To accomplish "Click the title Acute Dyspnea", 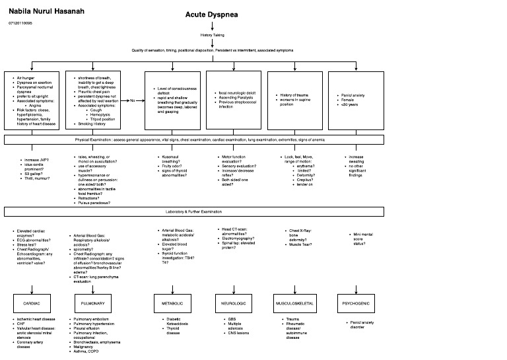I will tap(215, 15).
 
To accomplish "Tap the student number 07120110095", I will tap(20, 23).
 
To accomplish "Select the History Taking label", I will tap(214, 35).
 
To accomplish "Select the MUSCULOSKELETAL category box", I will tap(297, 303).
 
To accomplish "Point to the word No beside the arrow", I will tap(132, 100).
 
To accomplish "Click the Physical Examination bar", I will tap(194, 141).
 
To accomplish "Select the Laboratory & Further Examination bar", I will tap(194, 211).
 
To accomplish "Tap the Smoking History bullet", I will tap(92, 124).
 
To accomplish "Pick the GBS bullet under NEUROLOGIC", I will tap(232, 319).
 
